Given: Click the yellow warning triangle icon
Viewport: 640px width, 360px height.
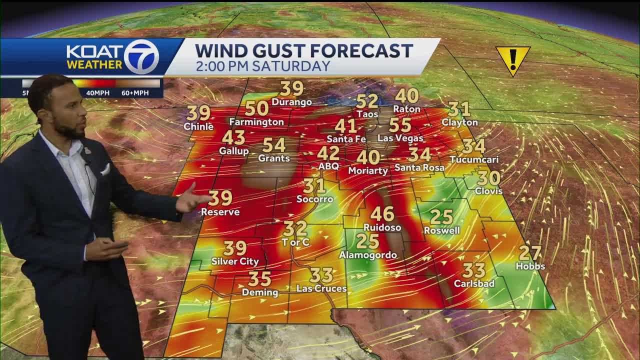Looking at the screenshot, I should pos(512,59).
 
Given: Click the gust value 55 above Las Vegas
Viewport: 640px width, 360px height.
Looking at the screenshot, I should pos(400,125).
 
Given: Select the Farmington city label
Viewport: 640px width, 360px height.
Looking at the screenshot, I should pos(256,122).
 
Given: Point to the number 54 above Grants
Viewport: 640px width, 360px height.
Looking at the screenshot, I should pos(274,145).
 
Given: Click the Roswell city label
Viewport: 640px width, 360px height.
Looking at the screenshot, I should pos(441,230).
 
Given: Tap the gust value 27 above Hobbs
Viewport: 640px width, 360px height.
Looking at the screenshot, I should pos(530,253).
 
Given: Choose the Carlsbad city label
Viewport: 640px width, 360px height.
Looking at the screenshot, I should pos(474,283).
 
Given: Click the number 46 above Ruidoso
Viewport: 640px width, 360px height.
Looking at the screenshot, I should pos(382,214).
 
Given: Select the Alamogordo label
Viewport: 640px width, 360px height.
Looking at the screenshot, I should pos(368,255).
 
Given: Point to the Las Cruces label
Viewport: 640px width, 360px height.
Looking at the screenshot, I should pos(321,288).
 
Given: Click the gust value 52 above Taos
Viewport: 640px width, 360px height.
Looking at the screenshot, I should pos(367,101).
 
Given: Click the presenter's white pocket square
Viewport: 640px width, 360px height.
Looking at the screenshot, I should pos(105,169).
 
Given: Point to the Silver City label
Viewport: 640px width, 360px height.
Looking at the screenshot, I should pos(235,261).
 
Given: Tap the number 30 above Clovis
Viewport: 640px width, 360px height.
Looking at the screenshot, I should pos(488,178).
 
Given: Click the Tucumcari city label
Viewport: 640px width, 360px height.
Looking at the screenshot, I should pos(473,159).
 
